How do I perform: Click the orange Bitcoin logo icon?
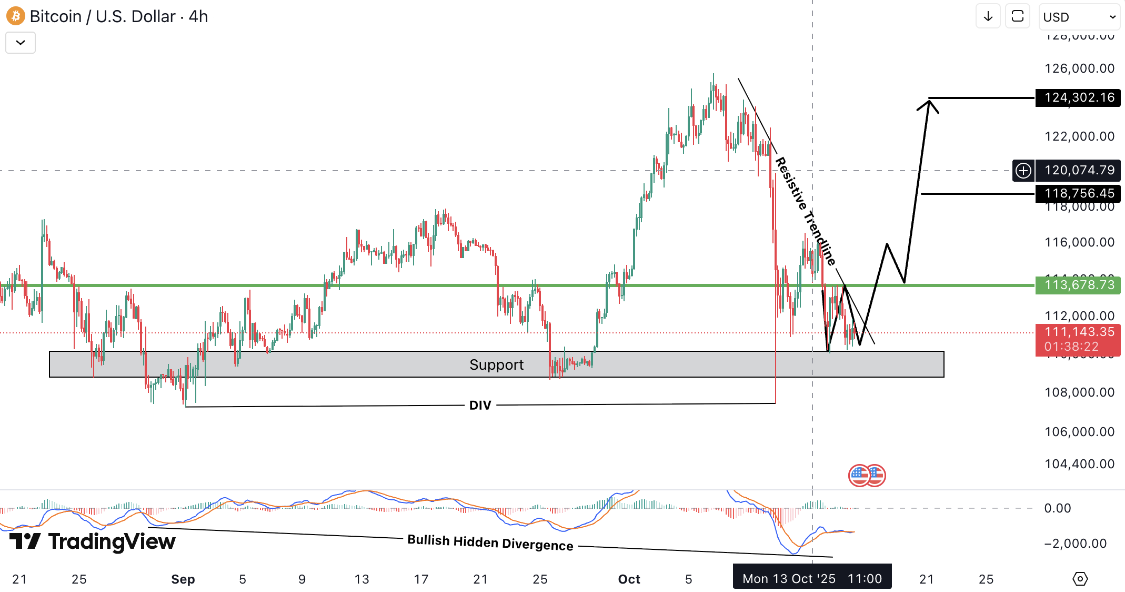[x=16, y=16]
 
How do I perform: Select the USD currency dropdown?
[x=1079, y=17]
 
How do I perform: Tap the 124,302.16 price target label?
[x=1078, y=97]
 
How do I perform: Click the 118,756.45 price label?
[x=1078, y=193]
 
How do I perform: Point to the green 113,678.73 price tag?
[x=1078, y=285]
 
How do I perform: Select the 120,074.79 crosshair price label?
[x=1079, y=170]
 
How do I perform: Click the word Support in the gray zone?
[x=496, y=364]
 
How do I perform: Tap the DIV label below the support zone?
[x=480, y=405]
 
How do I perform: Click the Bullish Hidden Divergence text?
[x=490, y=542]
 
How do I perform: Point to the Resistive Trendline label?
[x=805, y=211]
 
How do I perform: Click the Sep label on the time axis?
[x=183, y=579]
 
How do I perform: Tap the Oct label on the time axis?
[x=629, y=579]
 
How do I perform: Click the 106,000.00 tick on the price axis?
[x=1079, y=432]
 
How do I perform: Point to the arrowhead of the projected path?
[x=930, y=102]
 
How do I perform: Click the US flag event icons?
[x=867, y=476]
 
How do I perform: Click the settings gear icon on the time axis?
[x=1080, y=579]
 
